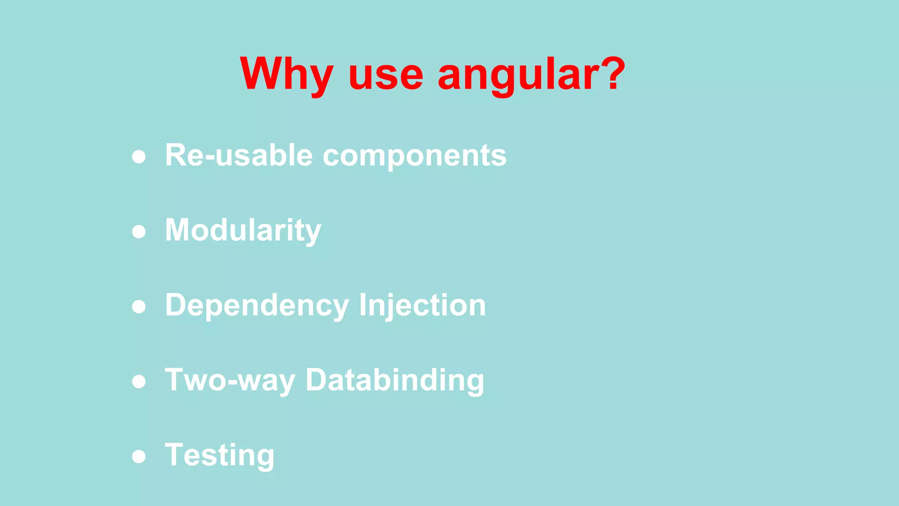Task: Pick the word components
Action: pyautogui.click(x=414, y=156)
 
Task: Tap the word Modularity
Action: pyautogui.click(x=243, y=231)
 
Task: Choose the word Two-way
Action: pyautogui.click(x=230, y=380)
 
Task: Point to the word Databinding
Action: pyautogui.click(x=395, y=380)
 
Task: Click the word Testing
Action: pyautogui.click(x=219, y=455)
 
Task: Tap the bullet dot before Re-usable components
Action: pyautogui.click(x=139, y=157)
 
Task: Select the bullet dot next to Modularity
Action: pyautogui.click(x=139, y=231)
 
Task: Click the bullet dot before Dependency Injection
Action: pyautogui.click(x=139, y=307)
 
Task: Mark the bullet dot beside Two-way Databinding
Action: pyautogui.click(x=139, y=381)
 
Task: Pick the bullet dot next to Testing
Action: pyautogui.click(x=139, y=456)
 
